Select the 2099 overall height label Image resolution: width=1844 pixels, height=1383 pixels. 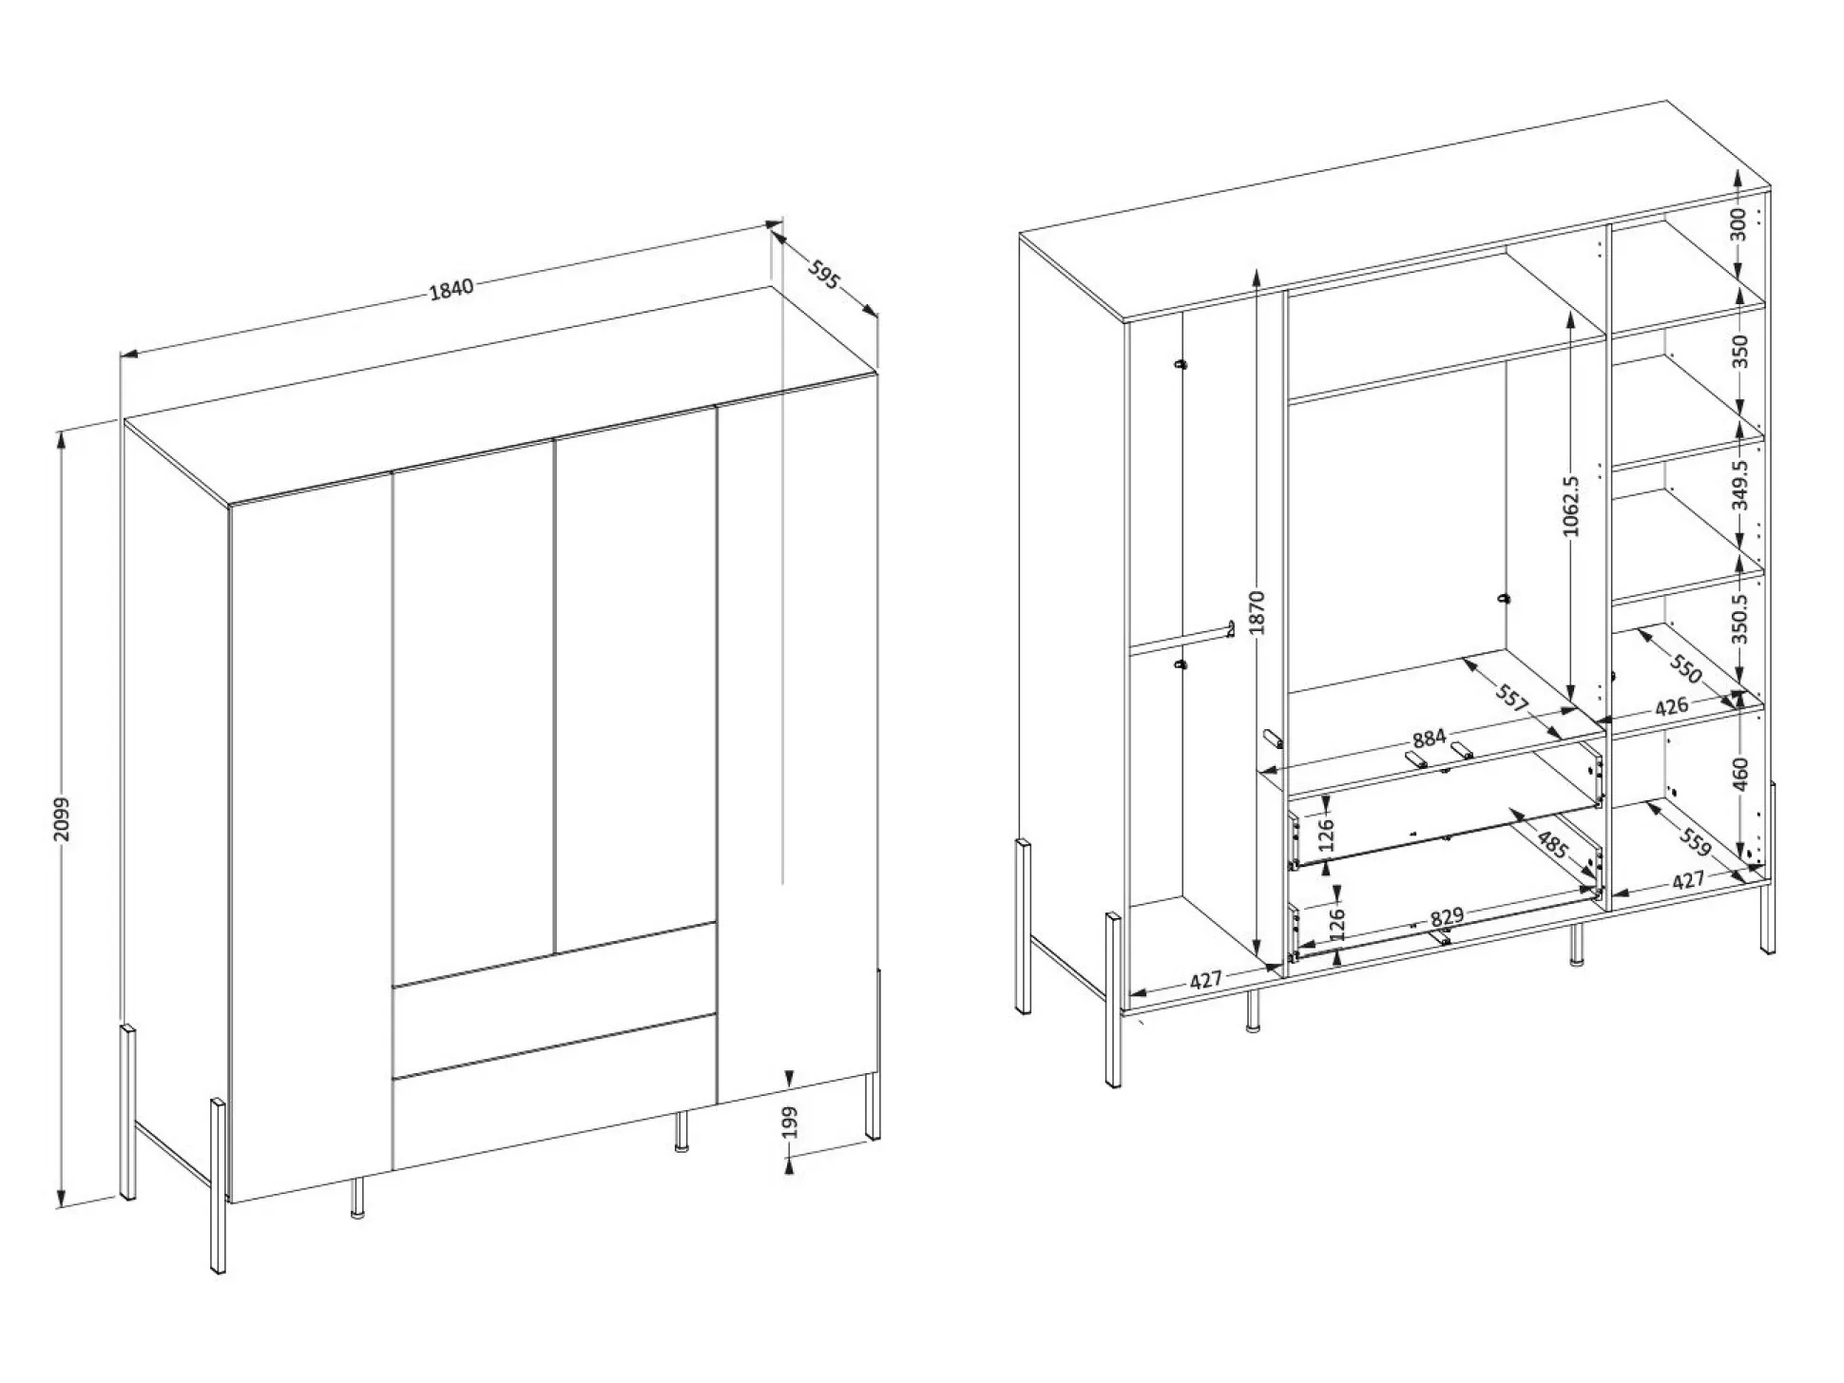[x=62, y=819]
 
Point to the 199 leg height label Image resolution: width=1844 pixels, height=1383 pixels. [x=789, y=1123]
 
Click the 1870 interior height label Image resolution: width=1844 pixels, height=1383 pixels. [x=1257, y=612]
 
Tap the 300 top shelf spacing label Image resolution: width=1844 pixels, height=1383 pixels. [x=1738, y=223]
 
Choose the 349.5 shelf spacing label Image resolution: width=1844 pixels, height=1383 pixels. [x=1739, y=485]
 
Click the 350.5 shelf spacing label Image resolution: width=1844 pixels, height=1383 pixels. [x=1739, y=619]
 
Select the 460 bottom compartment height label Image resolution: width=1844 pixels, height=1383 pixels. [x=1739, y=774]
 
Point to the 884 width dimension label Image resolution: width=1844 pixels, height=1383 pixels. [x=1429, y=738]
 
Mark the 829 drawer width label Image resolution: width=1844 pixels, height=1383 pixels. [x=1447, y=916]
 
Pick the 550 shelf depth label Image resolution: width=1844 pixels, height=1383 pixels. [x=1683, y=670]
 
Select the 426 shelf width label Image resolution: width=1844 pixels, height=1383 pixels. [x=1671, y=706]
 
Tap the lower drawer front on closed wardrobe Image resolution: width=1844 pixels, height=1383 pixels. [x=552, y=1092]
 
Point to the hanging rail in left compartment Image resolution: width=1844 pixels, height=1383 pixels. [x=1181, y=638]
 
